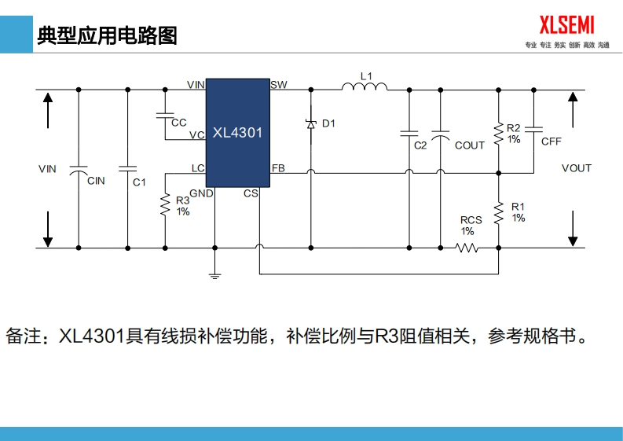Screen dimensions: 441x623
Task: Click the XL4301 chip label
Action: pyautogui.click(x=237, y=134)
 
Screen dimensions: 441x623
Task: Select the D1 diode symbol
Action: pyautogui.click(x=310, y=124)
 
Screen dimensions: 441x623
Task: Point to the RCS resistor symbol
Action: pyautogui.click(x=468, y=248)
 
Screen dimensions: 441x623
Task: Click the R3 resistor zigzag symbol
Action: pyautogui.click(x=165, y=205)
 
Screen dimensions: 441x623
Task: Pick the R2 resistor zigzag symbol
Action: pyautogui.click(x=498, y=133)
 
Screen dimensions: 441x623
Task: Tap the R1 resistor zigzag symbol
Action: pyautogui.click(x=498, y=211)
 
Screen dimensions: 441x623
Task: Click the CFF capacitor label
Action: pyautogui.click(x=552, y=141)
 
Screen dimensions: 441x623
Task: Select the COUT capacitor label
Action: pyautogui.click(x=470, y=145)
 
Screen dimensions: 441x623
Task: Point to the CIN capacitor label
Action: pyautogui.click(x=96, y=181)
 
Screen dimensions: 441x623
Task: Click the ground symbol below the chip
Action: pyautogui.click(x=214, y=275)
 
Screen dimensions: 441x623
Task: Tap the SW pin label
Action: pyautogui.click(x=278, y=84)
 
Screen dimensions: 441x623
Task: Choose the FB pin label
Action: pyautogui.click(x=278, y=168)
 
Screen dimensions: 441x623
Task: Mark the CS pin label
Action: pyautogui.click(x=251, y=193)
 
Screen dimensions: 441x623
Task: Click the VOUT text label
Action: pyautogui.click(x=577, y=168)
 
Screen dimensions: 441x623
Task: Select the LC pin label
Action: pyautogui.click(x=197, y=168)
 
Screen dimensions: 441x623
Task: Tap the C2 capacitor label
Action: pyautogui.click(x=420, y=145)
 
